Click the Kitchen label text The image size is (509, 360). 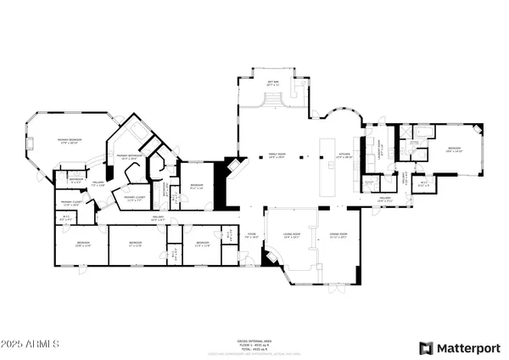point(344,156)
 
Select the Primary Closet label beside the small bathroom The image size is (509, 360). point(70,203)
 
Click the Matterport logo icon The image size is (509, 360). point(424,347)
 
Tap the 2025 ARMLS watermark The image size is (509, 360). point(30,346)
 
